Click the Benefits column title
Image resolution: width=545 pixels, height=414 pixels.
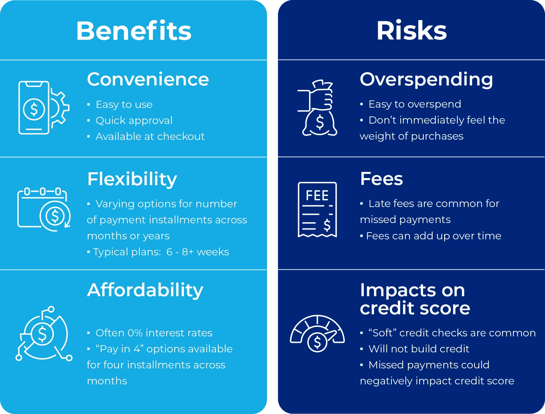click(x=134, y=31)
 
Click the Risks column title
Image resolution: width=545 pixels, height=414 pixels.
click(x=411, y=31)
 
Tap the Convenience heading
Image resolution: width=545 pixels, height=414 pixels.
click(x=148, y=79)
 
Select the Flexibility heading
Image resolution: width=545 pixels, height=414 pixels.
click(x=132, y=179)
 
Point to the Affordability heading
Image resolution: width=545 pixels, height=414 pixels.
click(x=145, y=290)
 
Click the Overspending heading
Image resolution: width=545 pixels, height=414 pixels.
click(x=426, y=79)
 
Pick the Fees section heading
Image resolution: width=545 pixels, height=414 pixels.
click(x=381, y=179)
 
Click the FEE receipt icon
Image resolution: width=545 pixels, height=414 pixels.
click(x=317, y=209)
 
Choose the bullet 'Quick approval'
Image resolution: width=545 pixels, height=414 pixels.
click(x=134, y=121)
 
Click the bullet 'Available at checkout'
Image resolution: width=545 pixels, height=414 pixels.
click(x=150, y=137)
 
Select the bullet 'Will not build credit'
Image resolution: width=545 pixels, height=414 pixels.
click(x=419, y=349)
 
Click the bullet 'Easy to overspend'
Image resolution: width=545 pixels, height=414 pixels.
click(x=415, y=104)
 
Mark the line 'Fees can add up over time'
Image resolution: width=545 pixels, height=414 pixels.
click(x=433, y=236)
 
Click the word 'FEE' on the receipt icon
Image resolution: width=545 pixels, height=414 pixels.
click(x=317, y=196)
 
